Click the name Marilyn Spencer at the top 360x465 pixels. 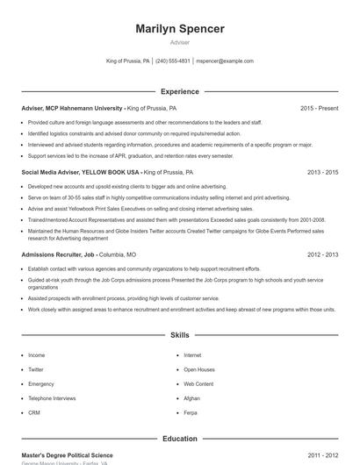179,29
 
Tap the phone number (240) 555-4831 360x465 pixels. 173,61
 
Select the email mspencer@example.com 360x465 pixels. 225,61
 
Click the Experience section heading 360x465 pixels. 179,91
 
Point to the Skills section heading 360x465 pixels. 179,335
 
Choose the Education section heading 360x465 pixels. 179,439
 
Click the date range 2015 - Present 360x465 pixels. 319,108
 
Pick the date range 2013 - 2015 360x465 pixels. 322,173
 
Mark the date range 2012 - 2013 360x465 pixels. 322,254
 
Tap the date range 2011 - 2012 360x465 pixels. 322,455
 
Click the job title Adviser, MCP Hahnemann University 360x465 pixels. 72,108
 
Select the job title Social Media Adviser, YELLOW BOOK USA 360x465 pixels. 80,173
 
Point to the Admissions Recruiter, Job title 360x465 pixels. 58,254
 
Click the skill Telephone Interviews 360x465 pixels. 52,398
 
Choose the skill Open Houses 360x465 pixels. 199,369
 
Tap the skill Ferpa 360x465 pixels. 191,412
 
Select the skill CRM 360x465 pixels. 34,412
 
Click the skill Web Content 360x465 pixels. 198,384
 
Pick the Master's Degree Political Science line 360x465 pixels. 67,455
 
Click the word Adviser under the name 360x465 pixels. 179,42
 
